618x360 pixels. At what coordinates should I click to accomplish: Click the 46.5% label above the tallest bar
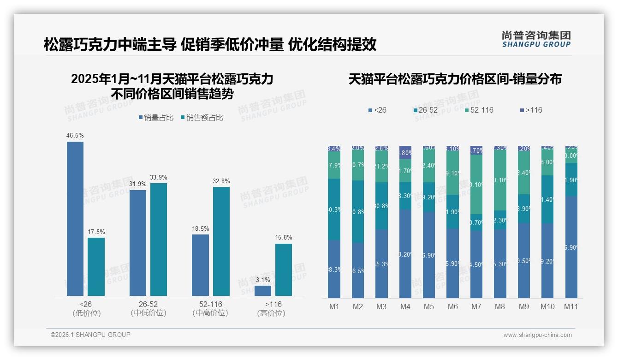[x=75, y=136]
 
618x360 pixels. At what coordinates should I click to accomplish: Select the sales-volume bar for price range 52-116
[x=200, y=265]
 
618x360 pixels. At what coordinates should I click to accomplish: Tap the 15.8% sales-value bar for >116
[x=284, y=270]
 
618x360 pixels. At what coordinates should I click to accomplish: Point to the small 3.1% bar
[x=263, y=291]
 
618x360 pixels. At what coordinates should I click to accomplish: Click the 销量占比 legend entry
[x=156, y=118]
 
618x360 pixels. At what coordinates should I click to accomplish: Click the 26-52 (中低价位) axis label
[x=149, y=308]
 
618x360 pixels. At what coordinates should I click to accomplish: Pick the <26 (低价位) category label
[x=86, y=308]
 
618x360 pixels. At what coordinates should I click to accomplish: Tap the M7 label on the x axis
[x=476, y=306]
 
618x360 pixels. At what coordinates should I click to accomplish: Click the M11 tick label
[x=571, y=306]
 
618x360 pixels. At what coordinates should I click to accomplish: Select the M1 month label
[x=334, y=306]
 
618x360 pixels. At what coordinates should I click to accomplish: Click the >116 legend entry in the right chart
[x=531, y=110]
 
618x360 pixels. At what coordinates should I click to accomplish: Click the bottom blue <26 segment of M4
[x=405, y=254]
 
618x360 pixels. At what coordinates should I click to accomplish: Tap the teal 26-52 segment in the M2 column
[x=358, y=211]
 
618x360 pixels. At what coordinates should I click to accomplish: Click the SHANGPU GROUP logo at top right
[x=536, y=39]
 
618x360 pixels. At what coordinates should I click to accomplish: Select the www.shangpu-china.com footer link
[x=537, y=335]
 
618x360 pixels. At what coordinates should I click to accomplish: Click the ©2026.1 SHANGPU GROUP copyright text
[x=90, y=335]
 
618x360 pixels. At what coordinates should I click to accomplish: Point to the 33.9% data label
[x=159, y=178]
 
